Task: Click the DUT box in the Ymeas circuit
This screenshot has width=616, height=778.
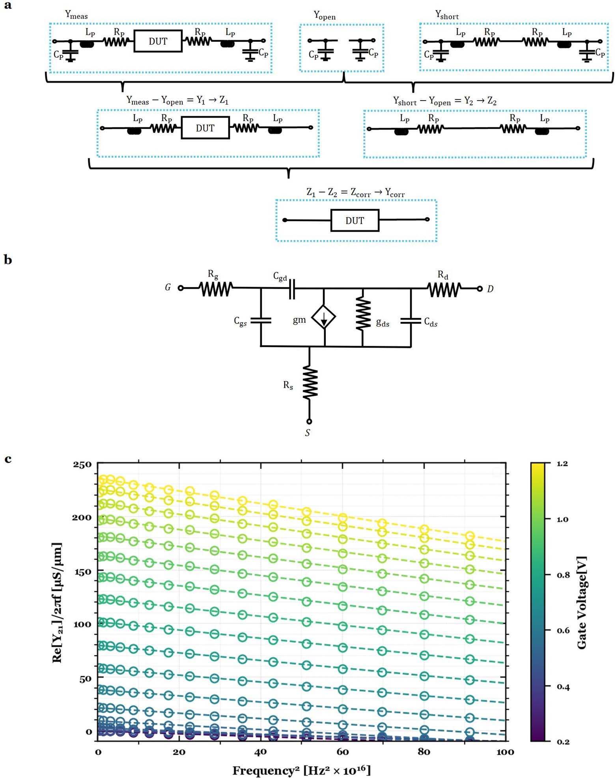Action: [x=158, y=41]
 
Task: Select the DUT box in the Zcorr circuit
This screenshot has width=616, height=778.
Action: [x=355, y=221]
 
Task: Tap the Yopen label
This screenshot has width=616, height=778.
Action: [x=325, y=15]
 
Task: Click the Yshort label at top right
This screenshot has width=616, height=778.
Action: [x=447, y=15]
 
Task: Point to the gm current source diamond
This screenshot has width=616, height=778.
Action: [x=323, y=317]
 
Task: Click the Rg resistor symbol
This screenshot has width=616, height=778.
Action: [x=216, y=288]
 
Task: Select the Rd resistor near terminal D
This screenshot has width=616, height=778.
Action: [x=444, y=289]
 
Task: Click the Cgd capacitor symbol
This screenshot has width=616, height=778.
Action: [x=292, y=289]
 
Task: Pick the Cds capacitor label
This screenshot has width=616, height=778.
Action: [x=431, y=322]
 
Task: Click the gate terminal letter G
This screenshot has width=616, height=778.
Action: [x=168, y=288]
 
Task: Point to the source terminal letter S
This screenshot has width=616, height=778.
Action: [x=308, y=433]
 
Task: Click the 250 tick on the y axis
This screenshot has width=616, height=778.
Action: [x=82, y=464]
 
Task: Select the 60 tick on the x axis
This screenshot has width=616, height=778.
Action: [x=342, y=752]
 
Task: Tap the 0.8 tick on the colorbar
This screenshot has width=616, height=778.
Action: [x=563, y=575]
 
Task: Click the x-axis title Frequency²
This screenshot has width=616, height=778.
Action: [x=301, y=770]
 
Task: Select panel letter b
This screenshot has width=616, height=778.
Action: [x=8, y=260]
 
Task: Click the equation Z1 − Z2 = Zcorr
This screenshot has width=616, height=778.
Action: [x=355, y=193]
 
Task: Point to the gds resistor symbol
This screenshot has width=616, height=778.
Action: [x=363, y=314]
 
